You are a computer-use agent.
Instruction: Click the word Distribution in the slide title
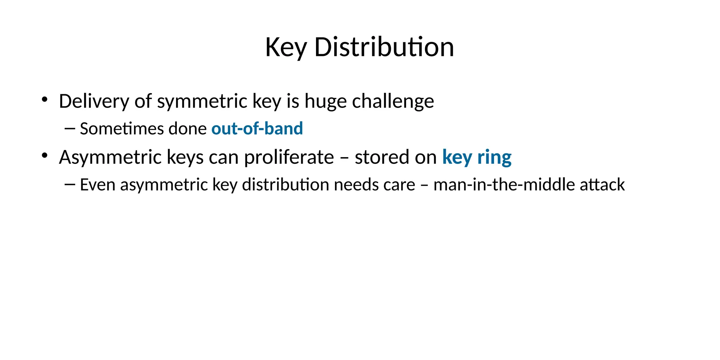384,47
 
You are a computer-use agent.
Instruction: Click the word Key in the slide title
286,47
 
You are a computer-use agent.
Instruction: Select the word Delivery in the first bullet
94,101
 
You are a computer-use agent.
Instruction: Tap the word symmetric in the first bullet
202,101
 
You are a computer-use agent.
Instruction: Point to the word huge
325,101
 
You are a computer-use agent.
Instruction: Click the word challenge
393,101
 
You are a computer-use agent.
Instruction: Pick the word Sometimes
122,129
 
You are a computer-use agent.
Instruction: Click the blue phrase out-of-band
257,129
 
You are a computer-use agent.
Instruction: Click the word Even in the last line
97,185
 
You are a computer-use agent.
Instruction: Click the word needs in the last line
356,185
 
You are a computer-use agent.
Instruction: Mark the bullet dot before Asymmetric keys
44,155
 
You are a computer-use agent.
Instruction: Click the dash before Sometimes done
70,129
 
